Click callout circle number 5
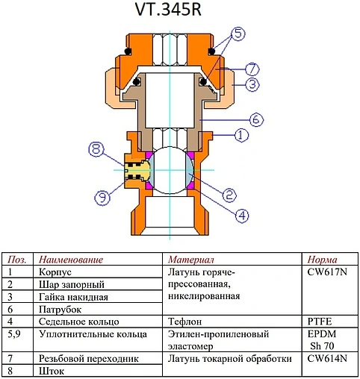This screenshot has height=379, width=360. (x=238, y=34)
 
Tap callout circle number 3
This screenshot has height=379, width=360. (x=253, y=84)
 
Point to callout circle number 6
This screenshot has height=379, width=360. (x=254, y=118)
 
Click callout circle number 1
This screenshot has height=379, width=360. (x=240, y=136)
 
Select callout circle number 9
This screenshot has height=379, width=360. (x=102, y=197)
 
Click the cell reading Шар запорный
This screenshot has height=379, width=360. (x=71, y=284)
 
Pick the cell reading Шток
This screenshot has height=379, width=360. (x=52, y=371)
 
